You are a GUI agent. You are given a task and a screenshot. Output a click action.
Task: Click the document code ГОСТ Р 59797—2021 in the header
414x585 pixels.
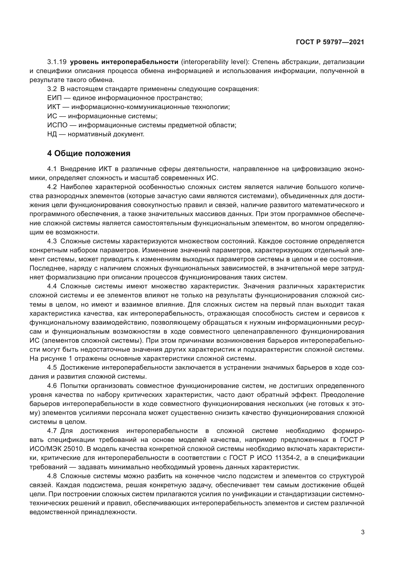(330, 42)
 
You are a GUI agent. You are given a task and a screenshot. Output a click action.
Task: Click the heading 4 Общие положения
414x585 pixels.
(89, 153)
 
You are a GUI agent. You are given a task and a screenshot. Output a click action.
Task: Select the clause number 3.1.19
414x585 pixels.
(57, 62)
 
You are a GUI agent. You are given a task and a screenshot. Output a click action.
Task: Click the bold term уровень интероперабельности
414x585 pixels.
(124, 62)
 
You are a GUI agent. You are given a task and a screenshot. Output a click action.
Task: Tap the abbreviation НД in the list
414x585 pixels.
(52, 134)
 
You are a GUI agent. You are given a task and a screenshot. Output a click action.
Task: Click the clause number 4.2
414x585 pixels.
(52, 187)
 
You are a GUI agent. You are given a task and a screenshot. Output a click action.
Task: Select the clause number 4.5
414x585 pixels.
(52, 368)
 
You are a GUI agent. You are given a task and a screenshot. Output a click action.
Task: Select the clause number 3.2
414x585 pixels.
(52, 89)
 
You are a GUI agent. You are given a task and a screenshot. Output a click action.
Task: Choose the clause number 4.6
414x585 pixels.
(52, 386)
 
